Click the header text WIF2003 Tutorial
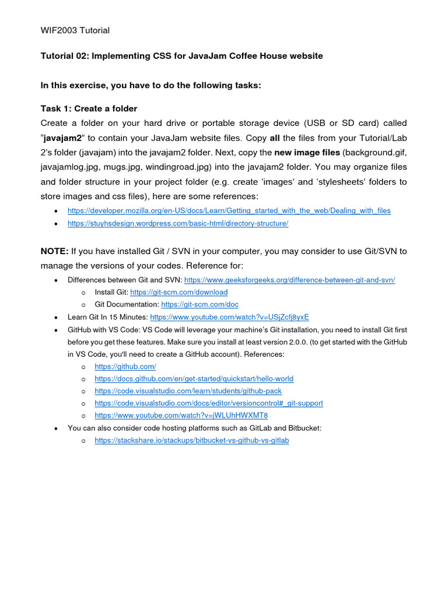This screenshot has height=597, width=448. [x=75, y=30]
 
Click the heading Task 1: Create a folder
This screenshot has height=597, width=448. [x=89, y=108]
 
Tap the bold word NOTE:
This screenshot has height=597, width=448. [x=54, y=251]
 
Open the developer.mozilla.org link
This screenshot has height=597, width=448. [x=229, y=210]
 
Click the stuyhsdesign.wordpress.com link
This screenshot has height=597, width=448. [x=178, y=223]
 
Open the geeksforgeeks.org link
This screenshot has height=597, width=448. [x=289, y=280]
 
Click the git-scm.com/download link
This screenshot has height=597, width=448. [x=178, y=292]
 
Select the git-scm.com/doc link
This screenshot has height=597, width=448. [x=199, y=304]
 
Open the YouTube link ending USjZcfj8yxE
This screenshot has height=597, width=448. [x=229, y=317]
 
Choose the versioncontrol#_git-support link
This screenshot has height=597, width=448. [x=208, y=403]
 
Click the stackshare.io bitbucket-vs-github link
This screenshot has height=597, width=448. [x=191, y=441]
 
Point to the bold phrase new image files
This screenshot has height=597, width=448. [x=307, y=152]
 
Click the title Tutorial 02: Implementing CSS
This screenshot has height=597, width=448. [x=181, y=56]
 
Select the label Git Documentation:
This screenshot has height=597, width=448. [x=127, y=304]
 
